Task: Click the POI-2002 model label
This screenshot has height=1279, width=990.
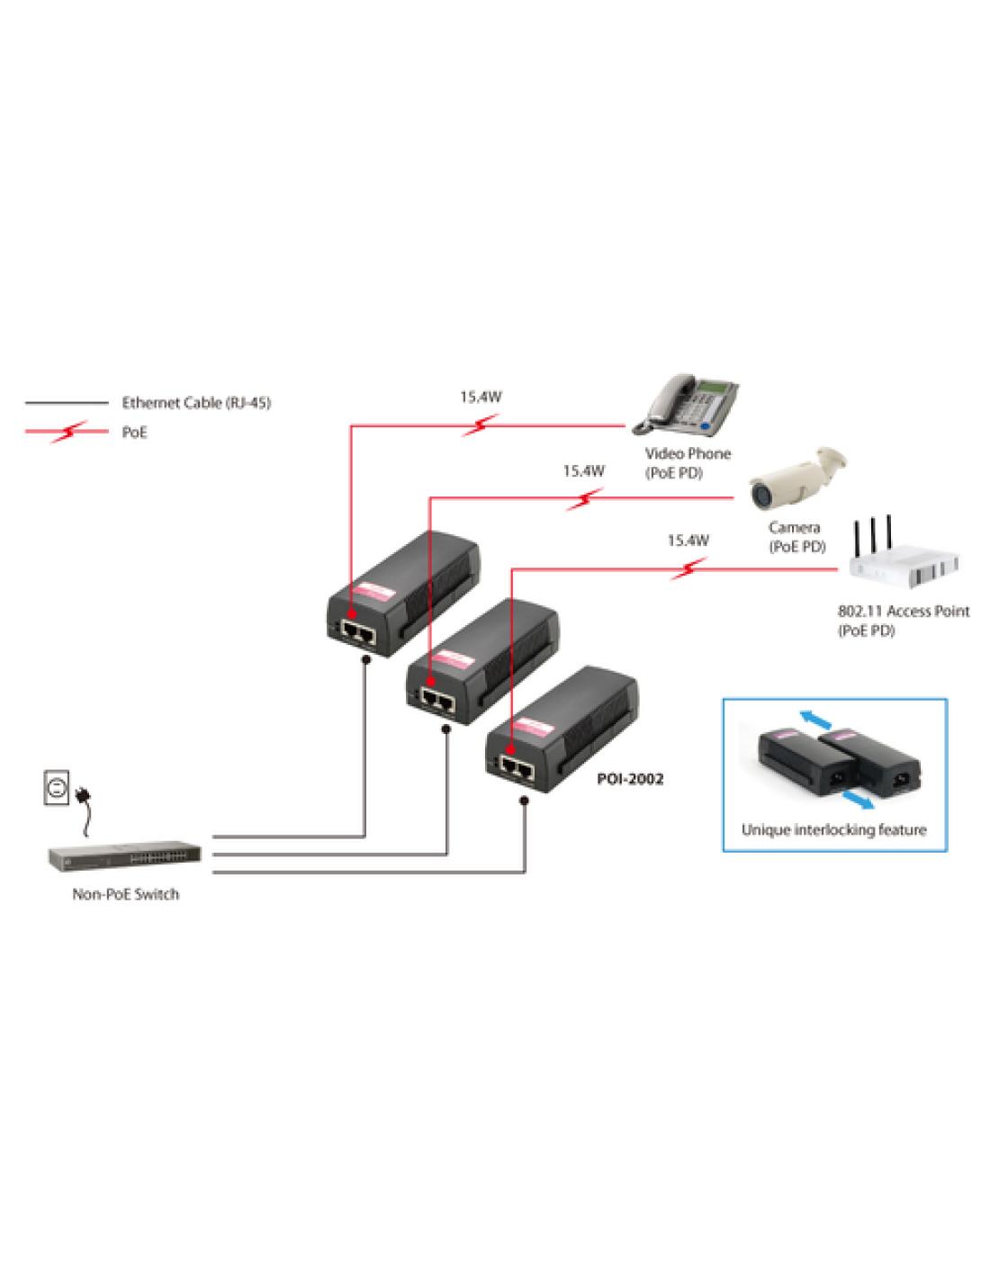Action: pos(630,779)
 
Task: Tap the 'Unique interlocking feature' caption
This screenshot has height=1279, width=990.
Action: pos(833,829)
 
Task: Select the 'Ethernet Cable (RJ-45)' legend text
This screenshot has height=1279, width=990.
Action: pos(196,403)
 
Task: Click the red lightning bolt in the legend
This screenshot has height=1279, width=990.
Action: pos(69,433)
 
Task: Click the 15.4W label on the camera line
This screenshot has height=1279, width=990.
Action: pos(584,470)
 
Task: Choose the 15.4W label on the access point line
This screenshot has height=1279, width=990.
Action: pos(688,541)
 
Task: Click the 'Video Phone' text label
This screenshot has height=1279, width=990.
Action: pos(688,454)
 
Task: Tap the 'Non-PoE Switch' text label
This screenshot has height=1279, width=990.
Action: pos(125,894)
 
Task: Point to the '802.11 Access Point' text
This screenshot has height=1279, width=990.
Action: pos(904,611)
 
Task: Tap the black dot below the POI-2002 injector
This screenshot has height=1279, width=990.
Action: pos(525,800)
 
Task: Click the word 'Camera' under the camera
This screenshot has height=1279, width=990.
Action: pos(794,528)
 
